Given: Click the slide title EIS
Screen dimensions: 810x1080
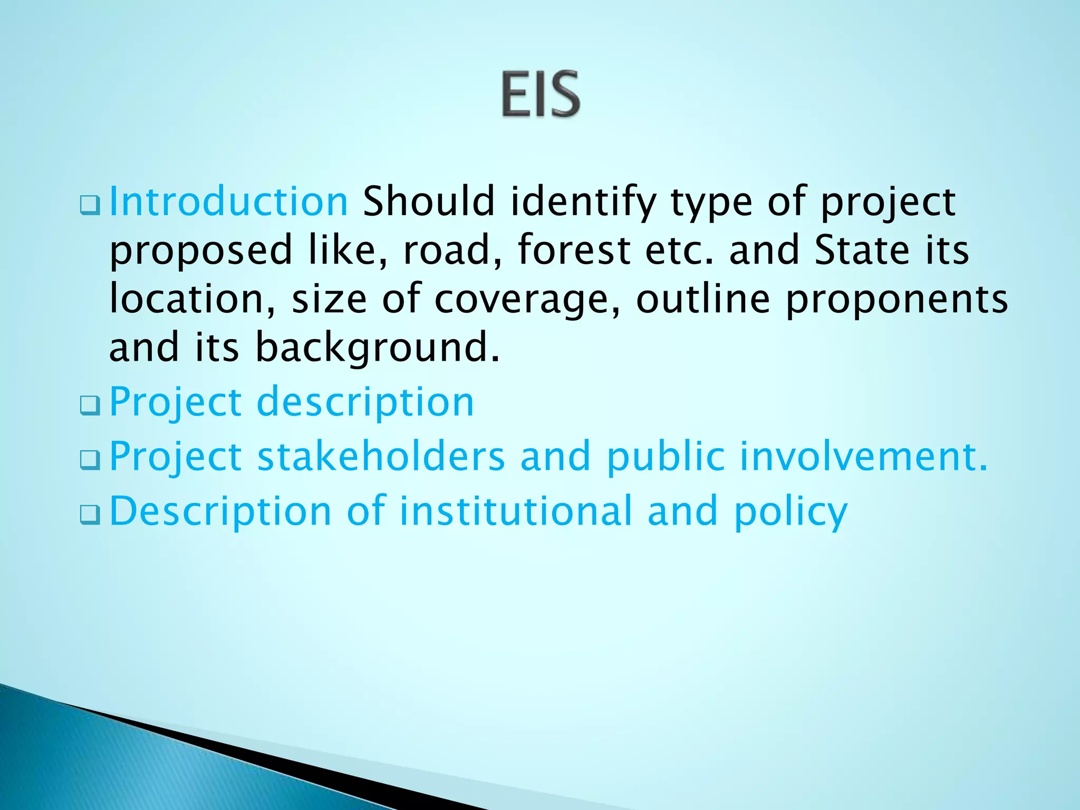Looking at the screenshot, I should (x=541, y=94).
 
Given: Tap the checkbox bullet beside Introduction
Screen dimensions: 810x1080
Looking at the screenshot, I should (x=90, y=205).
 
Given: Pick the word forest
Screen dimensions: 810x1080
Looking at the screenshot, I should (x=574, y=250).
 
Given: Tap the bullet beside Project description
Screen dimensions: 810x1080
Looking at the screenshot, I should (x=90, y=406).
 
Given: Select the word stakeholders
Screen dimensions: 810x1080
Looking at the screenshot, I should (x=381, y=456).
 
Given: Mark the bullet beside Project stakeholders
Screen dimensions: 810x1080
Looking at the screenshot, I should (x=90, y=460).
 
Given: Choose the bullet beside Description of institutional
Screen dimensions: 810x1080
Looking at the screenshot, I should (x=90, y=515).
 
